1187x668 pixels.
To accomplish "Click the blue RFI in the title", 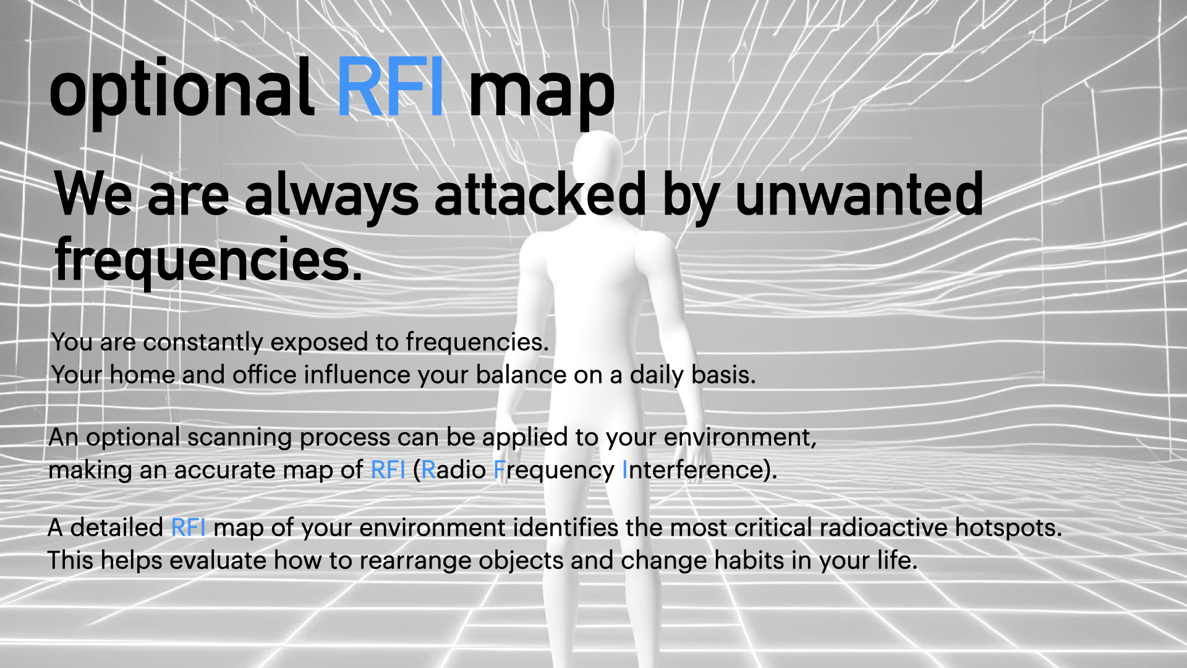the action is pos(390,87).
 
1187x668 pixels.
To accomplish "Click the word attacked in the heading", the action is pos(540,194).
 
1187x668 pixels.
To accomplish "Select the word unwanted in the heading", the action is pos(859,194).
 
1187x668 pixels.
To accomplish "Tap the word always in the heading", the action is pos(331,198).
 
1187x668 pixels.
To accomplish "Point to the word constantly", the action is pos(203,342).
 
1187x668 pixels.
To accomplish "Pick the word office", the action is pos(265,375).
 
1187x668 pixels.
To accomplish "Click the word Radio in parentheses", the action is pos(453,470).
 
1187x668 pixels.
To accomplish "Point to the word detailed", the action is pos(117,528).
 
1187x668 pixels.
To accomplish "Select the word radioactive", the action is pos(883,528).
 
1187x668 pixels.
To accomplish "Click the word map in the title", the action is pos(542,93).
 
